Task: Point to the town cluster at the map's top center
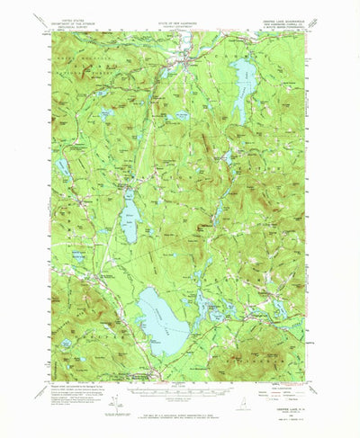click(x=186, y=64)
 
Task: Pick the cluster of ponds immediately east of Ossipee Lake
click(x=216, y=310)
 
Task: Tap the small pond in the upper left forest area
click(x=106, y=114)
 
